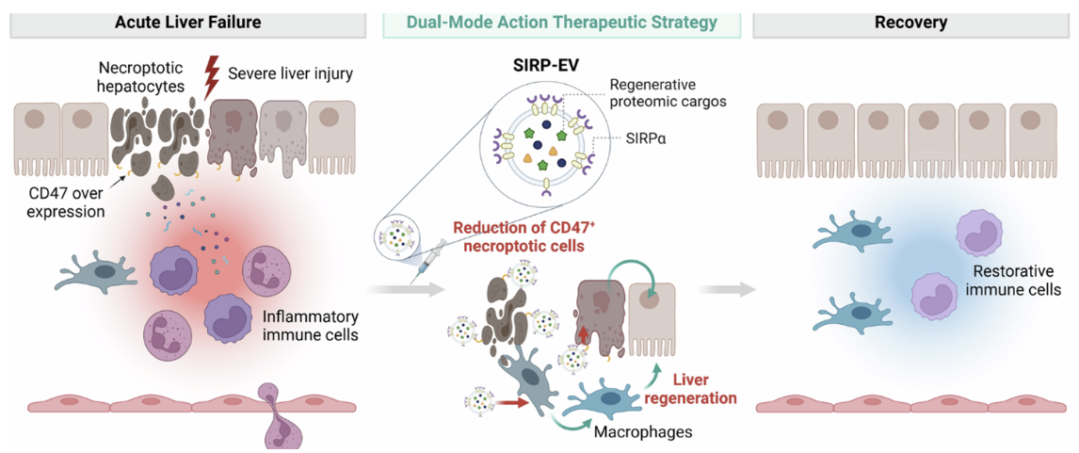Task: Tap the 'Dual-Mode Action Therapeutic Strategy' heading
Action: [561, 22]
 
